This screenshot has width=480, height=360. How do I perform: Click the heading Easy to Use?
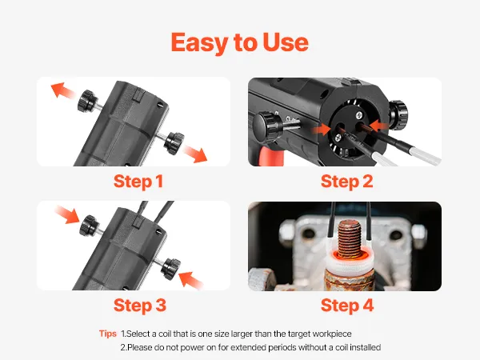click(x=240, y=43)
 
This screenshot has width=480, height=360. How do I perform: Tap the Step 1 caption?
click(x=138, y=182)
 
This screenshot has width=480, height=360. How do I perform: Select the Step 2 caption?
click(x=347, y=182)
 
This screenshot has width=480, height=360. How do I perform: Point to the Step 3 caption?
click(x=139, y=306)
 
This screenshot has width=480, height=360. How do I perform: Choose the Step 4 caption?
click(x=347, y=306)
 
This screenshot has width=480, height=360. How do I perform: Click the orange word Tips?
click(x=108, y=334)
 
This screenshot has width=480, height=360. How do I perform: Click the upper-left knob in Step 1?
click(x=87, y=101)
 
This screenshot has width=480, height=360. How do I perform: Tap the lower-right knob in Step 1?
click(x=174, y=143)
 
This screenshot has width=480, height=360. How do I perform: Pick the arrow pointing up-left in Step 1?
click(x=62, y=90)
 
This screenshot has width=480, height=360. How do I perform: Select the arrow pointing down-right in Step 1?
click(x=195, y=154)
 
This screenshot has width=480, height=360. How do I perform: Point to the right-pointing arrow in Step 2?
click(x=321, y=129)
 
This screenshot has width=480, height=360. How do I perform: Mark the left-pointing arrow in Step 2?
click(x=379, y=126)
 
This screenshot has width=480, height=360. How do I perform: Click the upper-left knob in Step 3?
click(x=89, y=226)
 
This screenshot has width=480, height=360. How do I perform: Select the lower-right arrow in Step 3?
click(x=190, y=280)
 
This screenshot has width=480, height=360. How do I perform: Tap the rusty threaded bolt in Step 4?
click(x=350, y=238)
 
